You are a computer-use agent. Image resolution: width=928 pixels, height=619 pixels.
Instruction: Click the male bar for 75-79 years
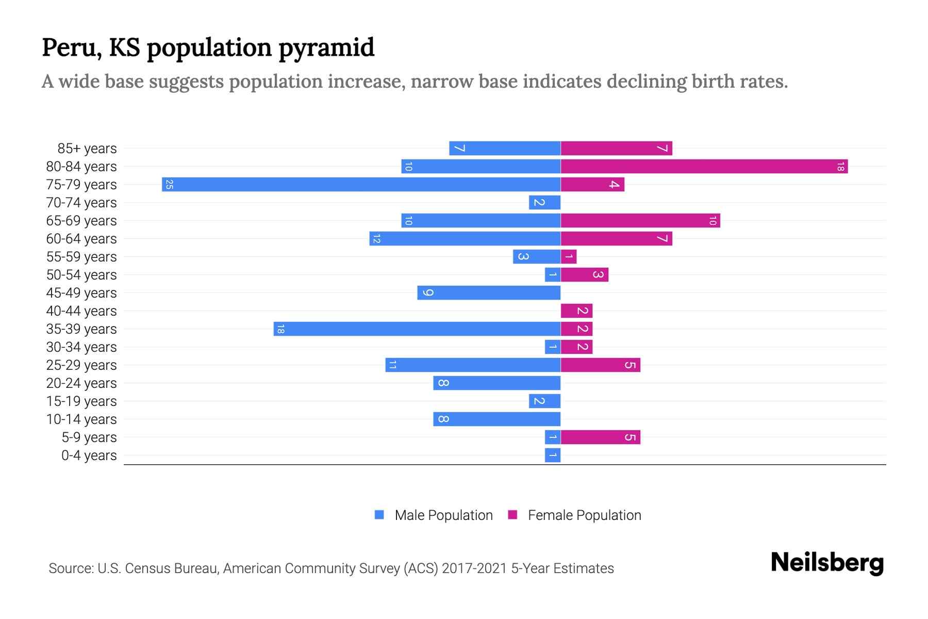click(x=361, y=185)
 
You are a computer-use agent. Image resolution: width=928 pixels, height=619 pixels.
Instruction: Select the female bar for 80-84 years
click(x=704, y=167)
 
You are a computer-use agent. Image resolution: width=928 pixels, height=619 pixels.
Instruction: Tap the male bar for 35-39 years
click(x=417, y=329)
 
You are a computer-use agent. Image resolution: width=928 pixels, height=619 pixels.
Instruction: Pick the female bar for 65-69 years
click(x=640, y=221)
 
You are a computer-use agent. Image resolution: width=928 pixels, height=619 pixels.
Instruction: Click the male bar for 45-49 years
click(x=489, y=293)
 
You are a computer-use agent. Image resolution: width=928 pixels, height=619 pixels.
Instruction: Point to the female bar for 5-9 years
click(x=600, y=437)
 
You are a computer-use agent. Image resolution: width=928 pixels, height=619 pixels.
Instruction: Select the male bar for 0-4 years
click(x=553, y=455)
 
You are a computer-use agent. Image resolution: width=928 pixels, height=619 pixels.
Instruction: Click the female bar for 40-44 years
click(x=576, y=311)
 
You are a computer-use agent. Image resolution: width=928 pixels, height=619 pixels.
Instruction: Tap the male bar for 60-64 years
click(x=465, y=239)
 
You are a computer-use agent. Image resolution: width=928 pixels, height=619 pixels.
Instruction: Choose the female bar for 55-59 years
click(x=569, y=257)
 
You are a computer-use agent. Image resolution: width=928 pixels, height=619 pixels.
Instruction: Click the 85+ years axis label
click(x=87, y=149)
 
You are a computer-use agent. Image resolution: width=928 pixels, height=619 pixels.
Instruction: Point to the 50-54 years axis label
click(x=81, y=275)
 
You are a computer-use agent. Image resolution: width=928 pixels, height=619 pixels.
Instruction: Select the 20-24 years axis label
click(x=81, y=383)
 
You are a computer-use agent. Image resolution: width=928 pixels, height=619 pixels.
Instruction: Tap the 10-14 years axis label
click(x=81, y=419)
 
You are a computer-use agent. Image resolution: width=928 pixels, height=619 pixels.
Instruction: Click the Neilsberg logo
click(x=827, y=563)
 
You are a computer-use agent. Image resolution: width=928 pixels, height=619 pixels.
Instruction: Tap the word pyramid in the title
click(x=326, y=48)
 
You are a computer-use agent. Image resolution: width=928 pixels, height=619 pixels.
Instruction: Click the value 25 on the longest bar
click(x=169, y=185)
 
